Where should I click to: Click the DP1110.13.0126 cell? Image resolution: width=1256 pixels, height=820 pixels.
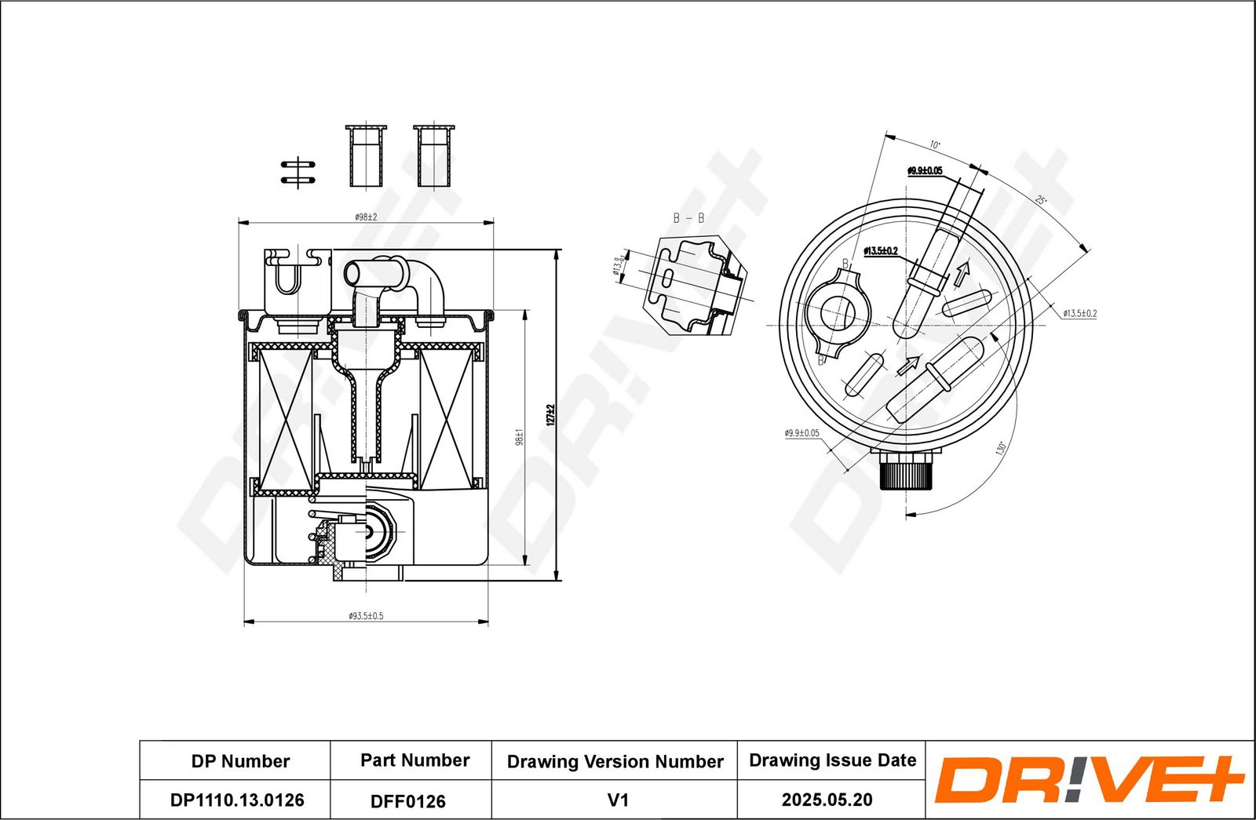pyautogui.click(x=236, y=800)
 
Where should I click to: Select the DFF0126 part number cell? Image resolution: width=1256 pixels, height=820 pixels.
pyautogui.click(x=407, y=801)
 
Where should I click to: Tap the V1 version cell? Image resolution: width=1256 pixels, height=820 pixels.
pyautogui.click(x=618, y=800)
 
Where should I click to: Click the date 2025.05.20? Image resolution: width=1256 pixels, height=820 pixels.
pyautogui.click(x=827, y=800)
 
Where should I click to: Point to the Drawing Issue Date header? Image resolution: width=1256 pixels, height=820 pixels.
pyautogui.click(x=832, y=760)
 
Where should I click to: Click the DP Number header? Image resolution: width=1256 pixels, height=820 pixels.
pyautogui.click(x=240, y=761)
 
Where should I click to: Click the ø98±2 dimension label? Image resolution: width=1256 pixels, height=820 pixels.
pyautogui.click(x=366, y=217)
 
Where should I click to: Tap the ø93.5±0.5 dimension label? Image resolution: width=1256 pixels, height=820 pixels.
pyautogui.click(x=366, y=616)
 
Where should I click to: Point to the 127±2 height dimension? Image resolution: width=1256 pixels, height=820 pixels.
pyautogui.click(x=550, y=414)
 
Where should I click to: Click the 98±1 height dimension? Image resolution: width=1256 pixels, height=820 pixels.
pyautogui.click(x=519, y=436)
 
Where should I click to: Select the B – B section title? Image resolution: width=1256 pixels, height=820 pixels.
pyautogui.click(x=688, y=218)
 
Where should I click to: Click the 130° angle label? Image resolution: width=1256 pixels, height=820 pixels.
pyautogui.click(x=1000, y=449)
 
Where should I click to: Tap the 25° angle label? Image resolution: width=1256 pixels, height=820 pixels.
pyautogui.click(x=1040, y=200)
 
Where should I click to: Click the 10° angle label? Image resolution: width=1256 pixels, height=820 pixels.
pyautogui.click(x=934, y=145)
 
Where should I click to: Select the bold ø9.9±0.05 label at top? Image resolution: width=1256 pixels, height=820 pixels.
pyautogui.click(x=925, y=170)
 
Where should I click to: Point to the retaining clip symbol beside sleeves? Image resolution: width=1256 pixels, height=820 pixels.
pyautogui.click(x=298, y=173)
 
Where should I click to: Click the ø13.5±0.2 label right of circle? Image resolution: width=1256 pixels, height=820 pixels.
pyautogui.click(x=1079, y=313)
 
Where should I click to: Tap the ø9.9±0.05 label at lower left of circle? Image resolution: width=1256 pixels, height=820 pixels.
pyautogui.click(x=801, y=432)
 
